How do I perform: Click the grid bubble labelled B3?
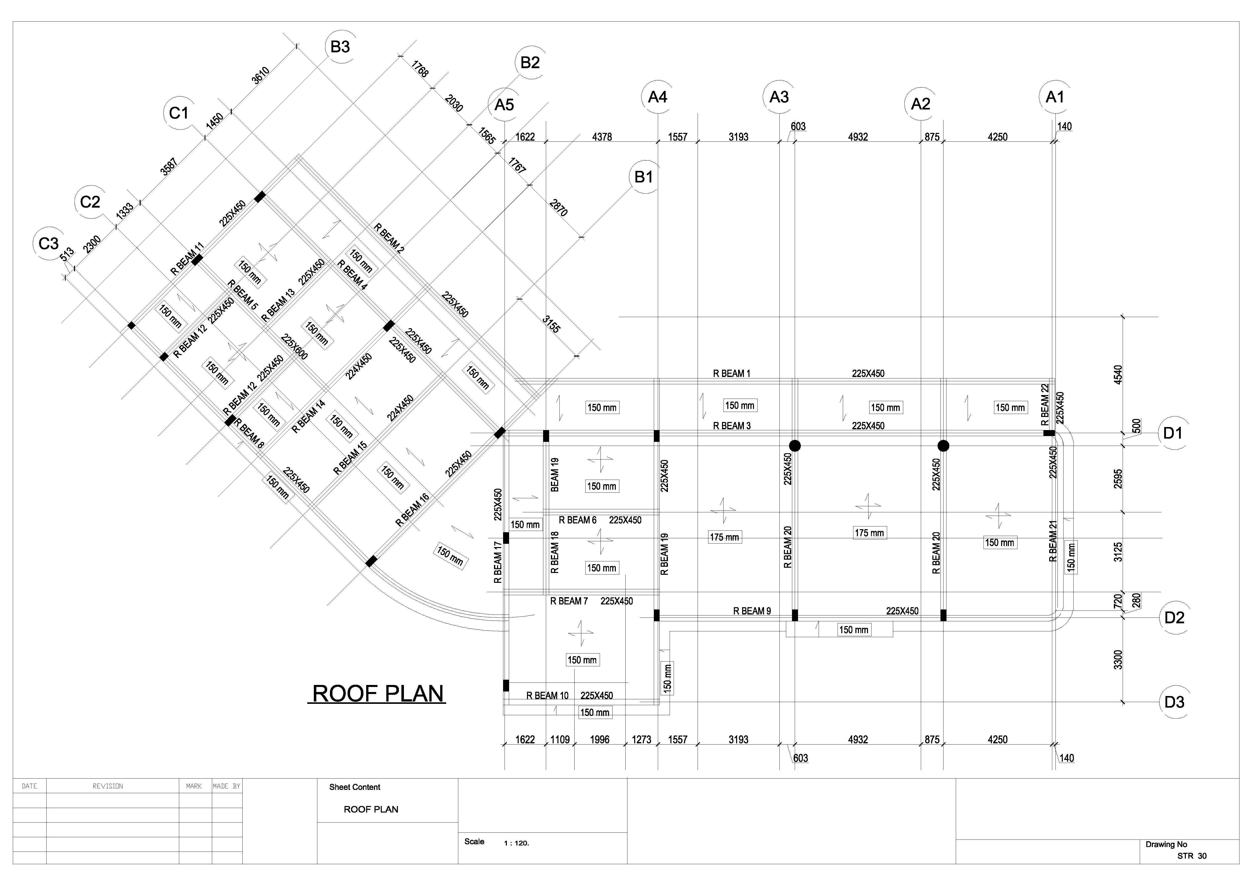pos(340,47)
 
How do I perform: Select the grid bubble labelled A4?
pos(658,97)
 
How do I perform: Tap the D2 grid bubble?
pos(1174,618)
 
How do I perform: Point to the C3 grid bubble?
pos(48,243)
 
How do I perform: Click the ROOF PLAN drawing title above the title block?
pos(377,694)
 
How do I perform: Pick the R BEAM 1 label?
pos(732,373)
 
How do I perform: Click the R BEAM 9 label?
pos(752,611)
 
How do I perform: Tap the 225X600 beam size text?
pos(294,347)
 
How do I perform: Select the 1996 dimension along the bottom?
pos(599,739)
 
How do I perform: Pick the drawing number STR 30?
pos(1192,856)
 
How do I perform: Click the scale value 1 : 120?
pos(516,843)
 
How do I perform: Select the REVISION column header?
pos(108,786)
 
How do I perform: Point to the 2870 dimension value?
pos(559,208)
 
